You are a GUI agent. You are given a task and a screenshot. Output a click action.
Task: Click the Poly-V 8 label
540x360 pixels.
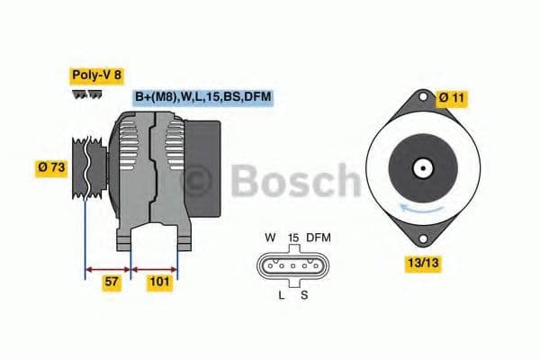point(95,75)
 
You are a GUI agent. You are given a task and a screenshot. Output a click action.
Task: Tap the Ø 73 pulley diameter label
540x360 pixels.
point(52,168)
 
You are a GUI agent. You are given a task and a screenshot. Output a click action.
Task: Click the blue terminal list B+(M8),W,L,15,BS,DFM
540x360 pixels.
point(202,97)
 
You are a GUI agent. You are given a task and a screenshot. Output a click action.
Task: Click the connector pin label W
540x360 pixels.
point(270,238)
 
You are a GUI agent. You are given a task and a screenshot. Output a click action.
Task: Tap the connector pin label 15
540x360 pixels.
point(293,238)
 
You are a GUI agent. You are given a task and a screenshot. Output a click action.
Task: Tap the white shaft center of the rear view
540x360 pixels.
point(422,167)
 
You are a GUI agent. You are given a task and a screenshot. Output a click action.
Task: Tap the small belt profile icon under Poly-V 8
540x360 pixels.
point(86,94)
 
